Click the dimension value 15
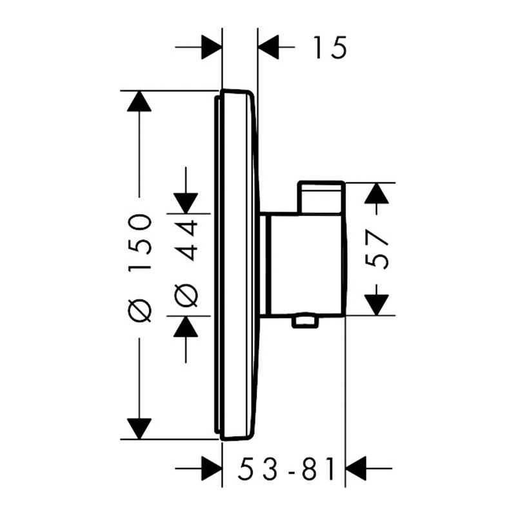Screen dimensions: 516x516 (330, 47)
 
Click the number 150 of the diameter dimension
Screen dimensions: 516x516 (140, 242)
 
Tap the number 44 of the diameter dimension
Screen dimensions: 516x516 (186, 237)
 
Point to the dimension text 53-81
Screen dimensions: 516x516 (286, 468)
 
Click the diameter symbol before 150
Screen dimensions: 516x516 (140, 310)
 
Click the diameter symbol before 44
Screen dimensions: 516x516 (186, 295)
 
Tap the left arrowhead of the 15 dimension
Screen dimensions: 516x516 (212, 47)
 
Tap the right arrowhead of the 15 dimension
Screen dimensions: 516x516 (268, 47)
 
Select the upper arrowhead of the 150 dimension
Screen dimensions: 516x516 (140, 101)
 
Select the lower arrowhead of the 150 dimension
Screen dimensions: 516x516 (140, 429)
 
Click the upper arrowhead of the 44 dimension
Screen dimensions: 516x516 (186, 203)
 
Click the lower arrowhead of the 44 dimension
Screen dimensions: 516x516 (186, 326)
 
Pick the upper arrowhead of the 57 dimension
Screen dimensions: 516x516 (377, 193)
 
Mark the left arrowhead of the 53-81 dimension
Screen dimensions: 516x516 (212, 468)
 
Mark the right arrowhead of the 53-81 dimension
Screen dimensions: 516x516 (356, 468)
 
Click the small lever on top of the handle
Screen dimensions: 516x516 (321, 197)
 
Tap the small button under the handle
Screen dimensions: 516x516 (305, 322)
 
